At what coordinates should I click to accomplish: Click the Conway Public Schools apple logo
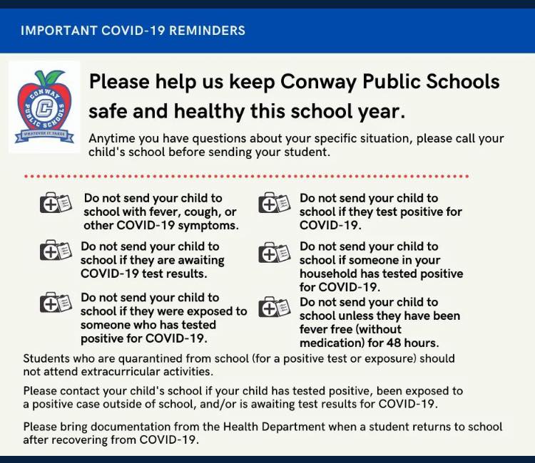click(44, 106)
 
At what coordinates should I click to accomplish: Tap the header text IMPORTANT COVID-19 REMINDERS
click(133, 31)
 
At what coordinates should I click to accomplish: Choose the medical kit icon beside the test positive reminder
click(274, 204)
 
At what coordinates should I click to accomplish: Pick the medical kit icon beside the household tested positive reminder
click(274, 252)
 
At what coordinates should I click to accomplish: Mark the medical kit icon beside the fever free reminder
click(274, 307)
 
